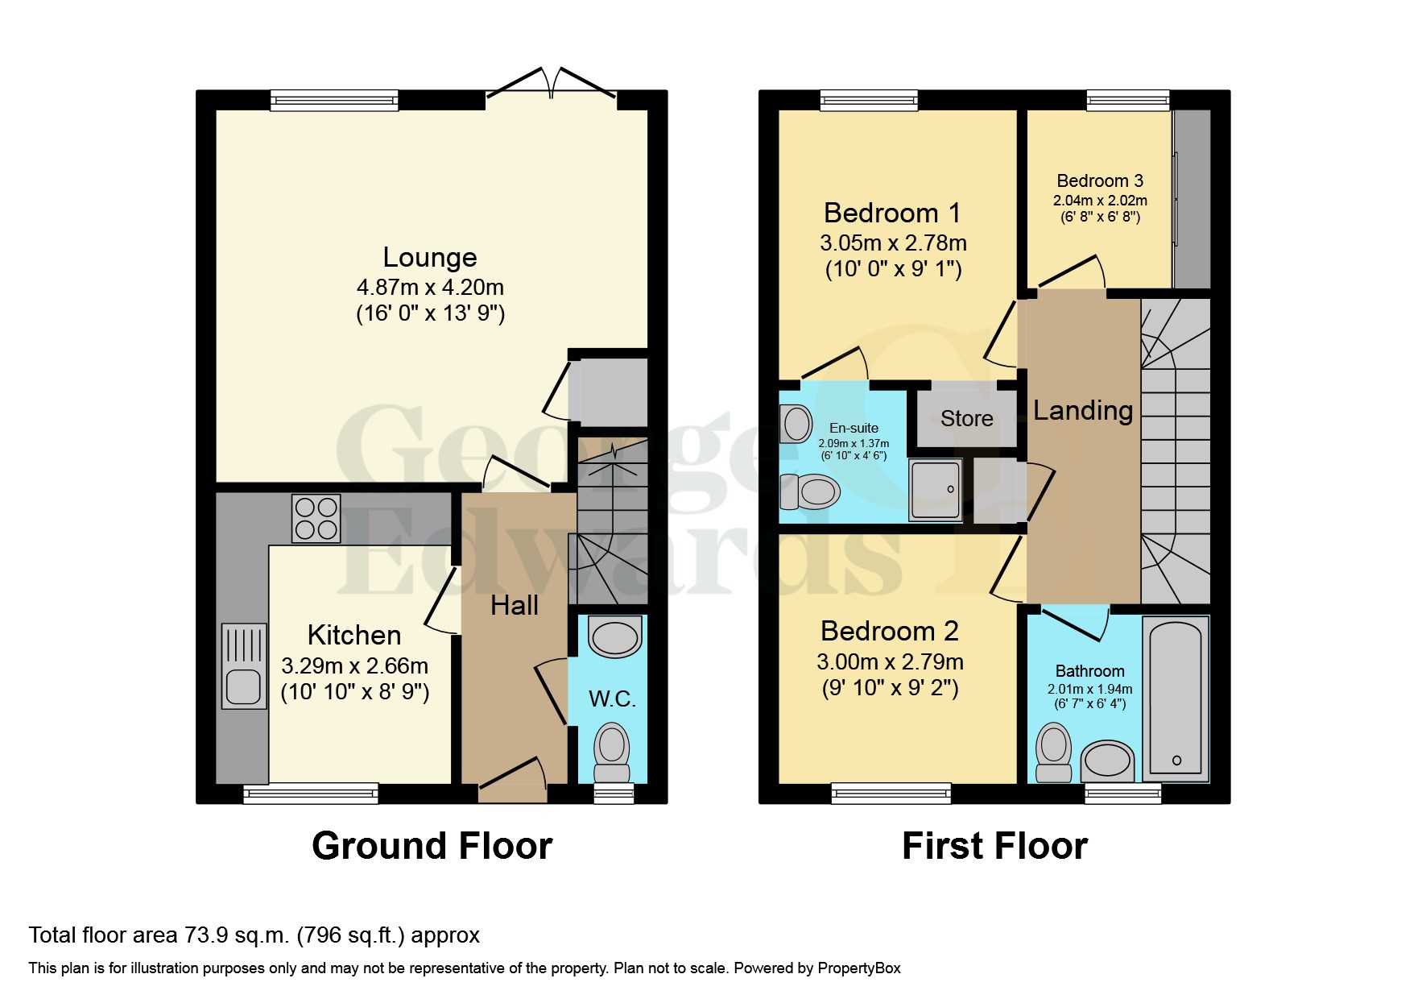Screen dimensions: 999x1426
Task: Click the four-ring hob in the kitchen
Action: pyautogui.click(x=316, y=518)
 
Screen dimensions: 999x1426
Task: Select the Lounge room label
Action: pyautogui.click(x=429, y=257)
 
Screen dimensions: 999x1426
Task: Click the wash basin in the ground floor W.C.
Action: pyautogui.click(x=614, y=637)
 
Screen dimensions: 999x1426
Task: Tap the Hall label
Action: pyautogui.click(x=514, y=605)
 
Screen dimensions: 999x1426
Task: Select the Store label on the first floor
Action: pyautogui.click(x=966, y=418)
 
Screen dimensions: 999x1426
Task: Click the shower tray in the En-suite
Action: pyautogui.click(x=935, y=489)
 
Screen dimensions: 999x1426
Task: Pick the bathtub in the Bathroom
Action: pyautogui.click(x=1176, y=697)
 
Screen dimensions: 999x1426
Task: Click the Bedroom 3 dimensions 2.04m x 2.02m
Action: pyautogui.click(x=1100, y=201)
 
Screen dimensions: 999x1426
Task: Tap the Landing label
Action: pyautogui.click(x=1082, y=410)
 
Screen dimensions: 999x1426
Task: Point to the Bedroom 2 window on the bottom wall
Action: pyautogui.click(x=891, y=794)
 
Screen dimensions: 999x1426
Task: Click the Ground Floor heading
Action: pyautogui.click(x=432, y=846)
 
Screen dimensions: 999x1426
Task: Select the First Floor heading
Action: pyautogui.click(x=994, y=846)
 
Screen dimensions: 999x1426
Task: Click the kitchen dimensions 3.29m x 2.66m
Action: pyautogui.click(x=354, y=665)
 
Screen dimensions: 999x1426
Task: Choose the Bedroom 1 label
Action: pyautogui.click(x=891, y=213)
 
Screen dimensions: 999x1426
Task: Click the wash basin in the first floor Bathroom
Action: pyautogui.click(x=1106, y=760)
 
